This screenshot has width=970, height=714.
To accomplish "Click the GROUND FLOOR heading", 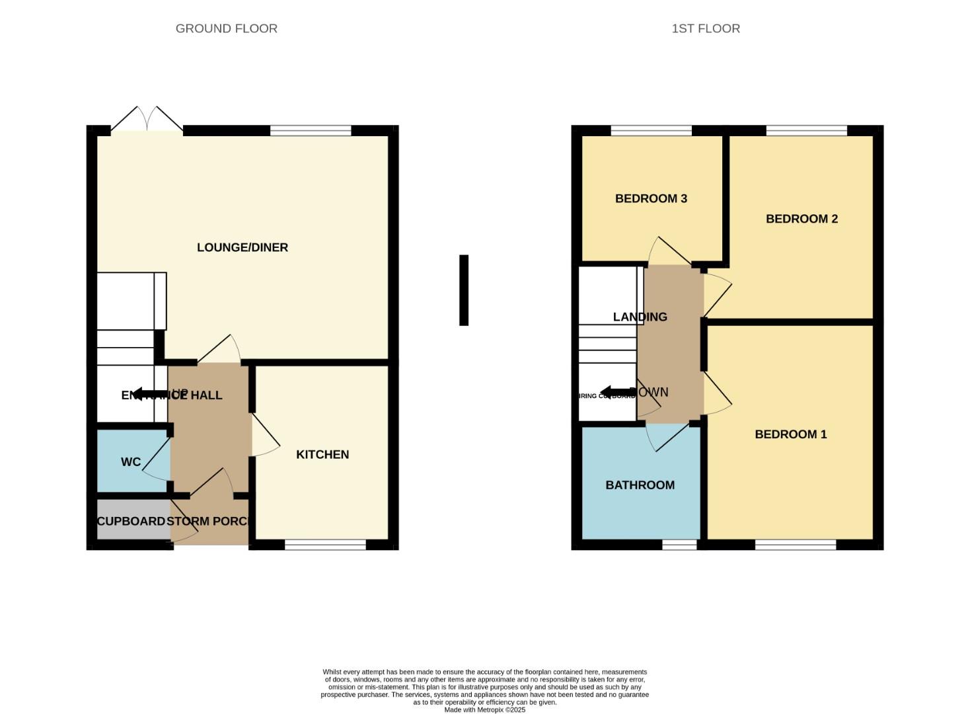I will [x=226, y=28].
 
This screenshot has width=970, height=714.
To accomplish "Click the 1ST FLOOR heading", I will [x=705, y=28].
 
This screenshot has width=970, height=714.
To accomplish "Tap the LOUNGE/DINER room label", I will [x=243, y=247].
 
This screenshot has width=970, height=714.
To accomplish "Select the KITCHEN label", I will [x=322, y=454].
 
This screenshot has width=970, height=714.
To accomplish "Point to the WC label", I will [x=131, y=462].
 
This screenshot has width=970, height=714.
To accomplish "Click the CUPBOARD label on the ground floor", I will [x=131, y=521].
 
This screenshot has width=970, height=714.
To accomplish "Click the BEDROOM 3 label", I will [x=651, y=198].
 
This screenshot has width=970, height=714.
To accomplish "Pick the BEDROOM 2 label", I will [x=802, y=219].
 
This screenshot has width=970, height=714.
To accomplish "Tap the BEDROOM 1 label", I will [x=790, y=434].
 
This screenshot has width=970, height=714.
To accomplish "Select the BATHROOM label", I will [x=640, y=485].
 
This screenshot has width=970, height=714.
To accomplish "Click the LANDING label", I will [x=640, y=317].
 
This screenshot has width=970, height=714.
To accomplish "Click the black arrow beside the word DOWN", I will [x=616, y=392].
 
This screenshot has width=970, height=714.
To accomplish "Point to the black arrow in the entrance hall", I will [x=147, y=394].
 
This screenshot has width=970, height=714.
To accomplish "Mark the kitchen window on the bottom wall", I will [x=325, y=545].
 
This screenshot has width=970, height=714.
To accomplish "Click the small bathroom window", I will [x=679, y=545].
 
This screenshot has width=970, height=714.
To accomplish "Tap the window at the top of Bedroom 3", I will [x=651, y=130].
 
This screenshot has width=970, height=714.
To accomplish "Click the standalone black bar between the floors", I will [x=464, y=290].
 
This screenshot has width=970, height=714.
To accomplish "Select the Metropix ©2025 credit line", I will [x=484, y=709].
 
